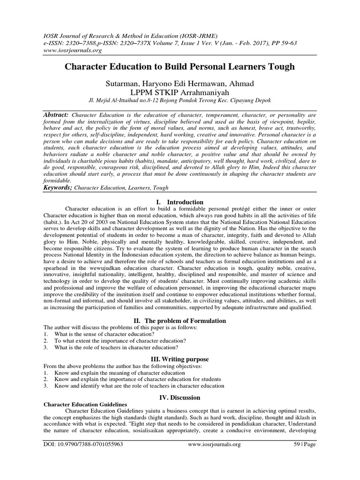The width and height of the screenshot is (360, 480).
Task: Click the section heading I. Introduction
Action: [x=180, y=202]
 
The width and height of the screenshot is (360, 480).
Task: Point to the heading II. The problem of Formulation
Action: [x=180, y=321]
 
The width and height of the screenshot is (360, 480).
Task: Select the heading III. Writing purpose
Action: [x=180, y=359]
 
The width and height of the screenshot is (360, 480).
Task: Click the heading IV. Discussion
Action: [x=180, y=397]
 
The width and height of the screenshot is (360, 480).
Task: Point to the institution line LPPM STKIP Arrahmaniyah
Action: [x=180, y=92]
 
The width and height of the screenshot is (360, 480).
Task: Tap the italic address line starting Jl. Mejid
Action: [x=180, y=101]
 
